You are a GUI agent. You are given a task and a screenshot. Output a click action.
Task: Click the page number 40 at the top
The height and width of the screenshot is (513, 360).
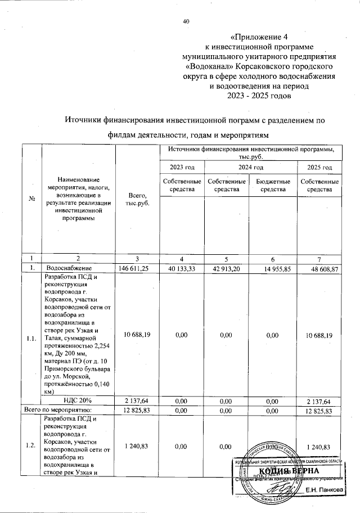(x=187, y=21)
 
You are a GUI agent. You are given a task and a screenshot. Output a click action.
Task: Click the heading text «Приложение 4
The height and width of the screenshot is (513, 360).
(x=259, y=38)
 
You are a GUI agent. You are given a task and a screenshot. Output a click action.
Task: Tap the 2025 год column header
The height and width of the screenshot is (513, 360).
(x=319, y=168)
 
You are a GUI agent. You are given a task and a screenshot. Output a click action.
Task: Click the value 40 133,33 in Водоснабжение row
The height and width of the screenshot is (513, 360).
(x=182, y=269)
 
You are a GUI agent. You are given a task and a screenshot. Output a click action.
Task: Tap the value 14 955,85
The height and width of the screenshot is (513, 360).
(x=273, y=269)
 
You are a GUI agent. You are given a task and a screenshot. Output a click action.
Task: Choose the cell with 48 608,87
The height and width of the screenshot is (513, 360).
(x=319, y=269)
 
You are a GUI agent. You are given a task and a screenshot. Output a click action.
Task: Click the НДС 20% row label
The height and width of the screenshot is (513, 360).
(x=78, y=400)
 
